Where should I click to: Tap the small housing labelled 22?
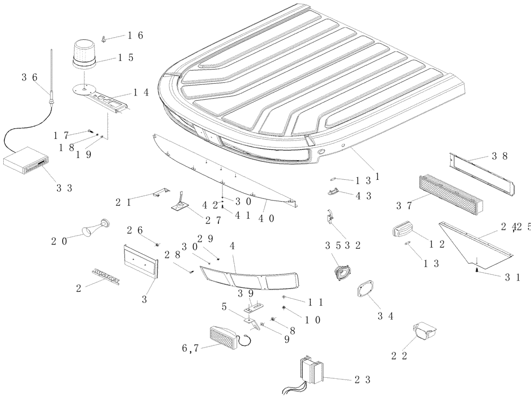(425, 332)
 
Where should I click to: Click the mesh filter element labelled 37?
(450, 193)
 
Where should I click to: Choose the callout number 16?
(135, 35)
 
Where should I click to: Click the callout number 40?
(267, 219)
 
